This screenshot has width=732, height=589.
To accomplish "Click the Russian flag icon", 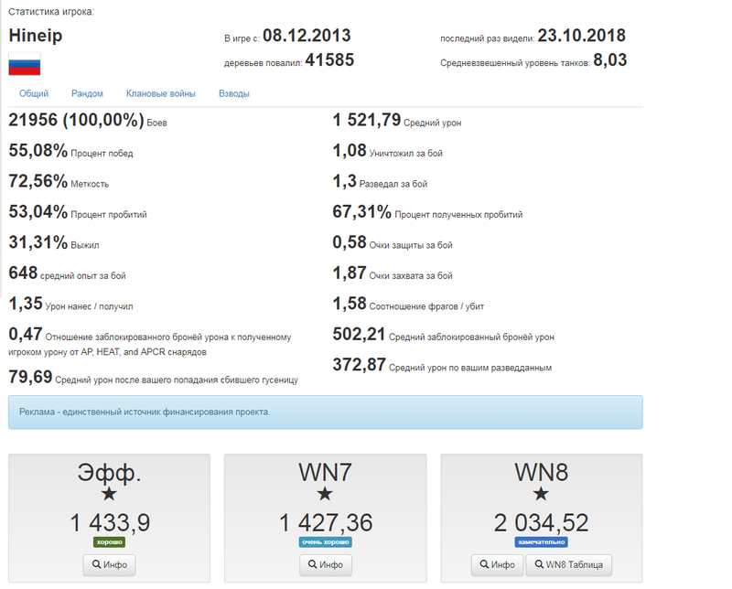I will (x=24, y=64).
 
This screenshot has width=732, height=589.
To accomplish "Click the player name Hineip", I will (x=35, y=37).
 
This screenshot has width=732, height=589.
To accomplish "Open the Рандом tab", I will (x=88, y=93).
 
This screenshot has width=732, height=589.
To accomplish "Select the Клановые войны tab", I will (x=161, y=93).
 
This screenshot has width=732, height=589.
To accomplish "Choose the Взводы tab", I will (x=234, y=93).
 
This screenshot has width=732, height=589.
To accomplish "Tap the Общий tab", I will (x=34, y=93).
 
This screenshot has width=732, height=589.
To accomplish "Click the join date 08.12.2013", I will (x=307, y=37).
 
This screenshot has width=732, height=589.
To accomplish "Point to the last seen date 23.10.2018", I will (x=581, y=37).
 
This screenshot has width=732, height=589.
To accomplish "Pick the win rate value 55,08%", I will (x=38, y=152).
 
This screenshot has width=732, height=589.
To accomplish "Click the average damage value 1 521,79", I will (x=366, y=120).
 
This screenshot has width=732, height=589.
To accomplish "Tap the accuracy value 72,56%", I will (x=38, y=182).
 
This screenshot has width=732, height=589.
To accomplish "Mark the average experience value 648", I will (x=23, y=273).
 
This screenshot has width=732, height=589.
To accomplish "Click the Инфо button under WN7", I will (x=326, y=565).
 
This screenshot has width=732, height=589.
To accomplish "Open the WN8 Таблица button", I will (x=570, y=565).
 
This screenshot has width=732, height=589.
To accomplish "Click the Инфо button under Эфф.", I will (x=109, y=565).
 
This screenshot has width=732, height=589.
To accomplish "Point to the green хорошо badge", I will (x=109, y=542).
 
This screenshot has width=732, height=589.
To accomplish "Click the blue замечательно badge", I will (x=541, y=542).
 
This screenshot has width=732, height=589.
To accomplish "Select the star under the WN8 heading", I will (x=541, y=495).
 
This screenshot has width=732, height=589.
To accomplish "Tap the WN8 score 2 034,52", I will (x=541, y=522).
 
